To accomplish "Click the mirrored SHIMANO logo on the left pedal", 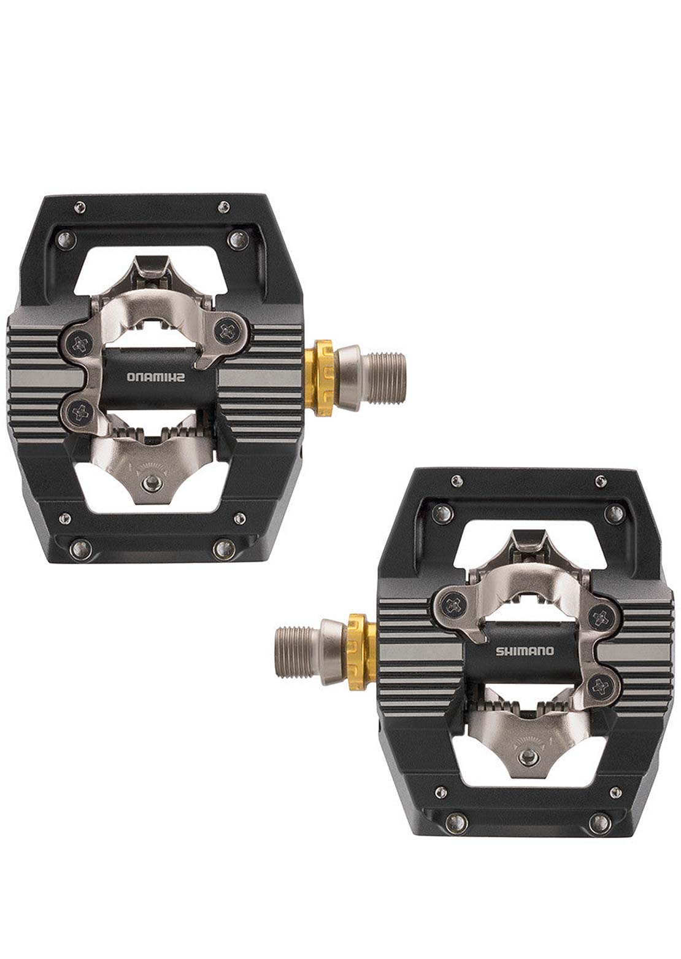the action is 155,377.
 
